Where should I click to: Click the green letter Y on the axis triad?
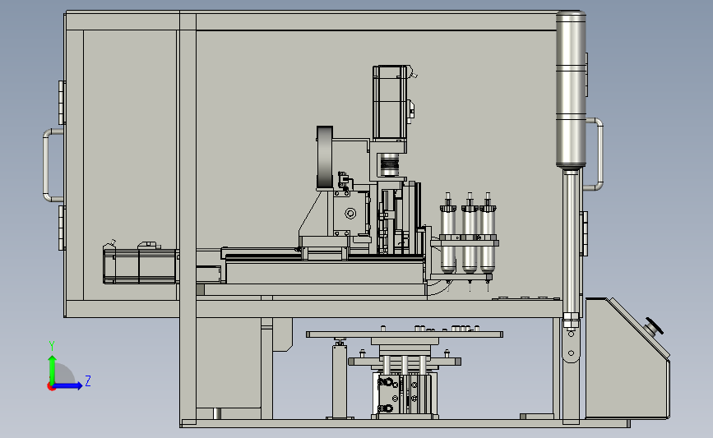coord(52,346)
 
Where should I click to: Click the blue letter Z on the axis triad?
coord(88,380)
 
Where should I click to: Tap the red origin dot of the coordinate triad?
coord(51,386)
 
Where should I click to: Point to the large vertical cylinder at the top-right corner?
coord(571,90)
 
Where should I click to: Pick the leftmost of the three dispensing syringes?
coord(448,237)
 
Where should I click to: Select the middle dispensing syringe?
coord(470,237)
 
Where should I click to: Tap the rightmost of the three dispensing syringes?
coord(488,237)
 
